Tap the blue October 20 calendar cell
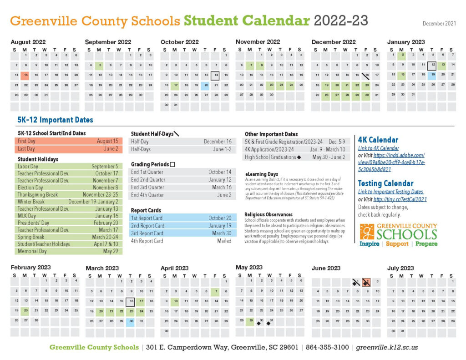206,85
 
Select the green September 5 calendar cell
100,66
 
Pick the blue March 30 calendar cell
131,322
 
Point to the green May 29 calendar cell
250,321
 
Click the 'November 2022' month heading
258,42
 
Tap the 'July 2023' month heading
400,268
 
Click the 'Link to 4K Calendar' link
378,148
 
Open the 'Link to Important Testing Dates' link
390,192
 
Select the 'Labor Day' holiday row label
28,167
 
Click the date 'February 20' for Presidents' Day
106,223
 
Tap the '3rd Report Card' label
148,233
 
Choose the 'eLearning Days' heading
261,174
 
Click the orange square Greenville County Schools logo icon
366,231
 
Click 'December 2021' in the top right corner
439,23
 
